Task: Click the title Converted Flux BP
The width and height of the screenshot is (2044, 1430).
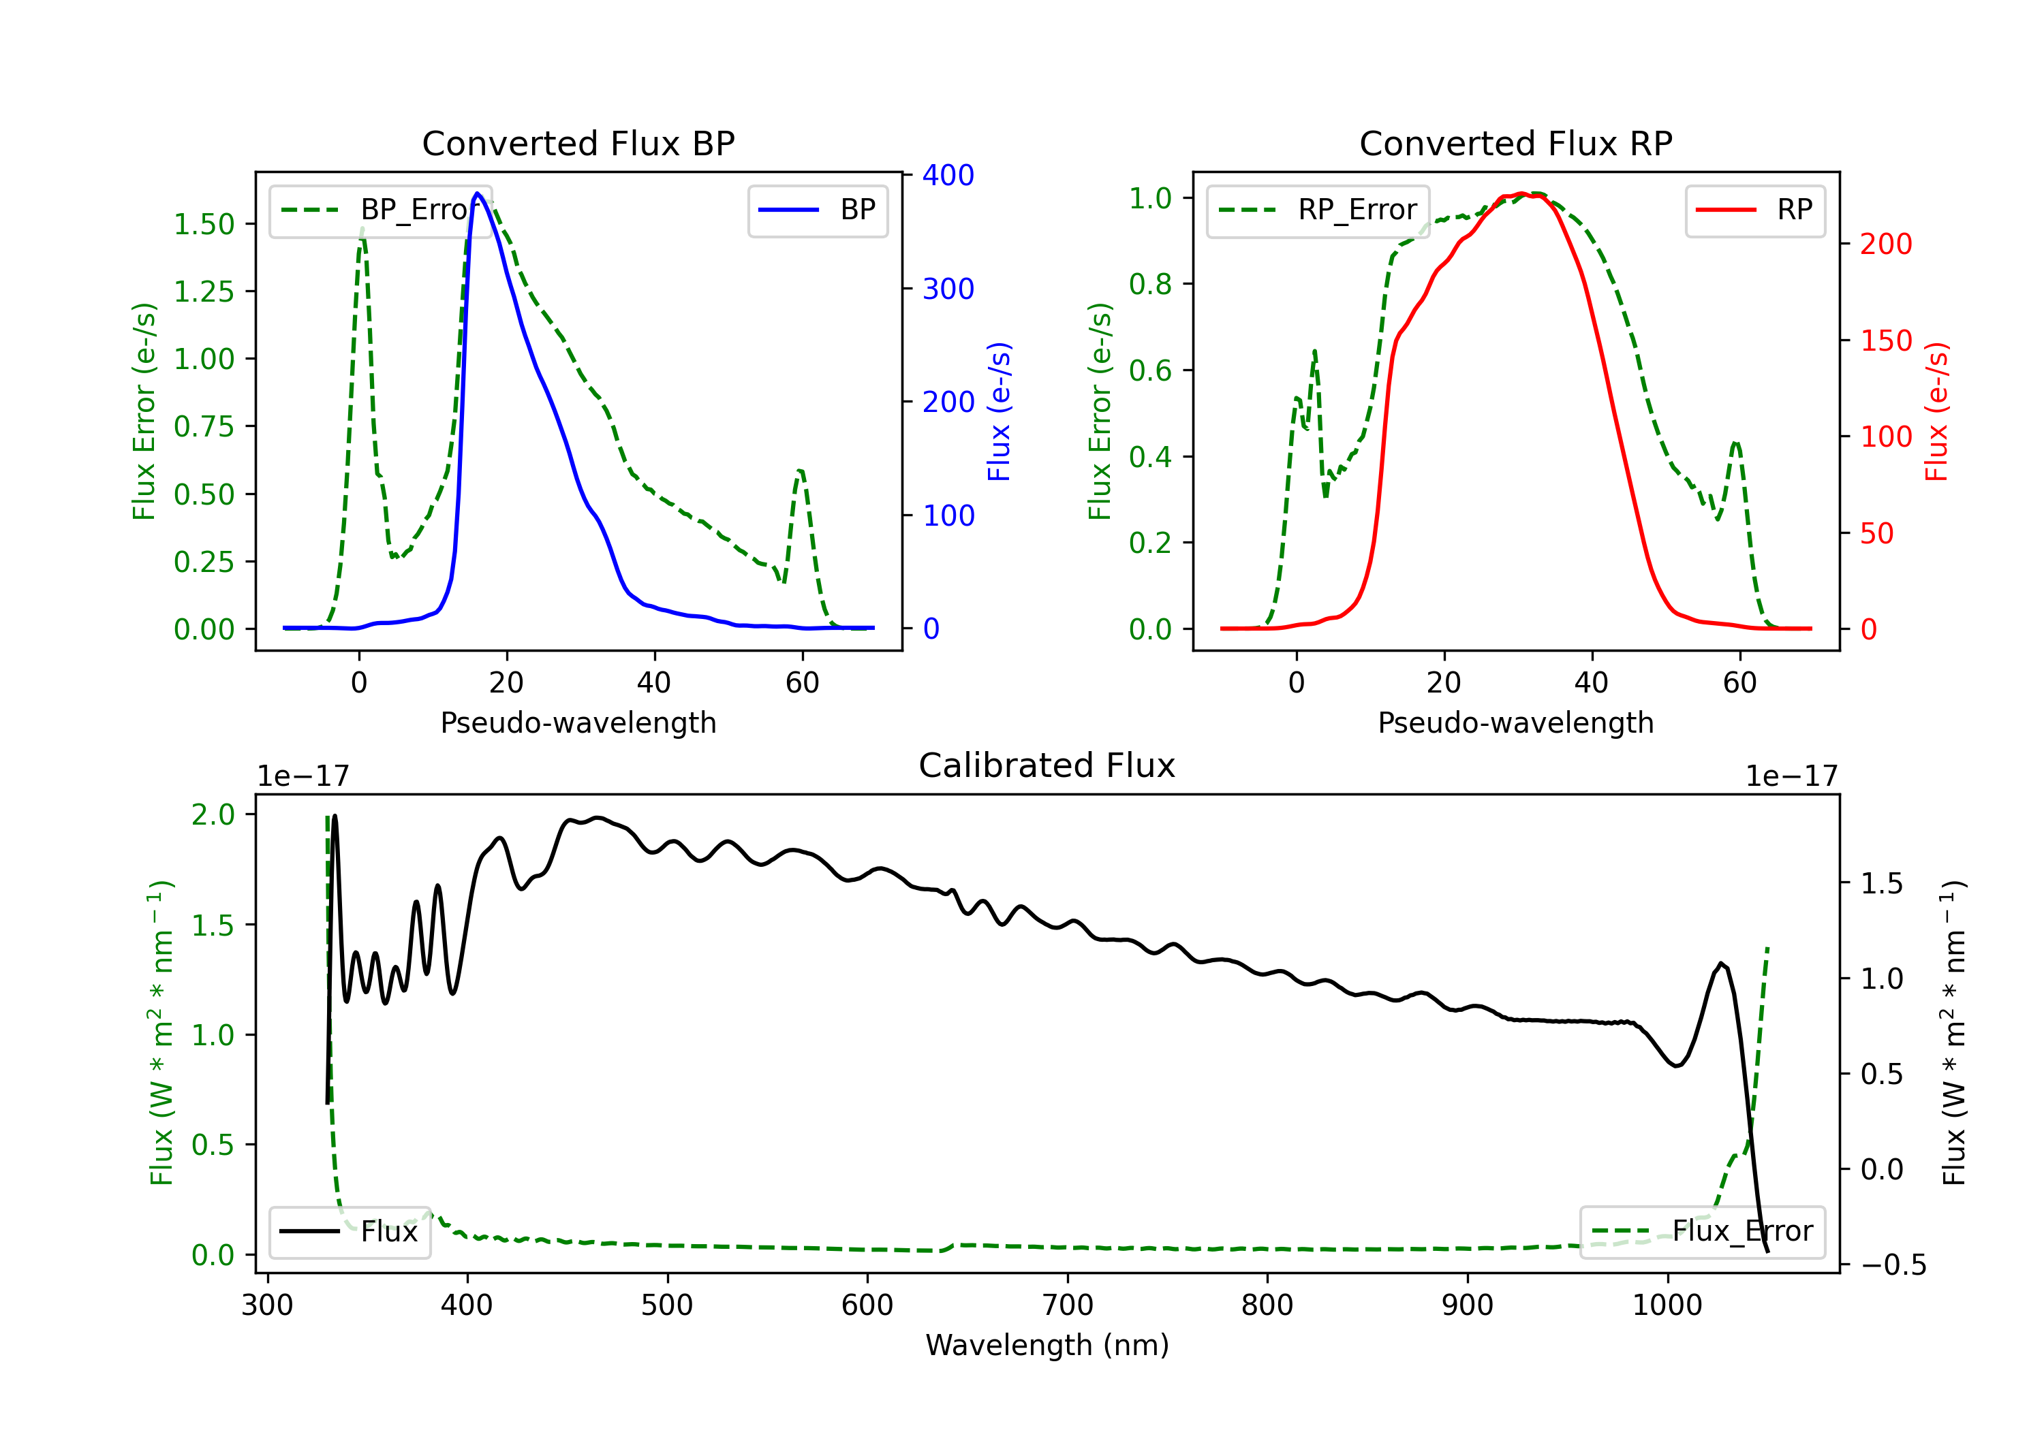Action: (578, 143)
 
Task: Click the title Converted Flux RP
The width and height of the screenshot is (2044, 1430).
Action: (1515, 143)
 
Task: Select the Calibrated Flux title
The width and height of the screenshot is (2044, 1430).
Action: (1047, 765)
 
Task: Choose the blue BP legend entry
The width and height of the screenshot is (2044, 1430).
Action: (817, 210)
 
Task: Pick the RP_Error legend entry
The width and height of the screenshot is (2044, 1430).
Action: (1318, 210)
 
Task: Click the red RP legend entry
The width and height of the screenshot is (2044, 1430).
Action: (1754, 210)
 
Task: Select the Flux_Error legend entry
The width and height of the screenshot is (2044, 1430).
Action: (1702, 1232)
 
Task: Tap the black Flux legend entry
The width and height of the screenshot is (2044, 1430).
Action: (349, 1232)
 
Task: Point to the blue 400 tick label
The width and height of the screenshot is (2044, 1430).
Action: (948, 175)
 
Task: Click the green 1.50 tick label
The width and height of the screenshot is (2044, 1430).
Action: (204, 224)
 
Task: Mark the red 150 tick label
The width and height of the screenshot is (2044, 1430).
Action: (1885, 340)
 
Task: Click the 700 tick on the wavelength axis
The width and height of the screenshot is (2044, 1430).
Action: (1068, 1305)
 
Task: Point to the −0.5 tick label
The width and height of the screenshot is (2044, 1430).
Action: (1893, 1265)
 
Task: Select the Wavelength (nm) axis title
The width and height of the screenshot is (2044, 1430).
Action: (1047, 1346)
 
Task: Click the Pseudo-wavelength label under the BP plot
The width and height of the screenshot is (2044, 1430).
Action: (578, 722)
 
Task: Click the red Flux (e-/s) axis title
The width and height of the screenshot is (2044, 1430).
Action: (1936, 411)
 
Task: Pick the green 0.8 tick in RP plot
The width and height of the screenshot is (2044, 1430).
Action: (1149, 284)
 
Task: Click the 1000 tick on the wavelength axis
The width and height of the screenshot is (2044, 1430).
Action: (1667, 1305)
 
